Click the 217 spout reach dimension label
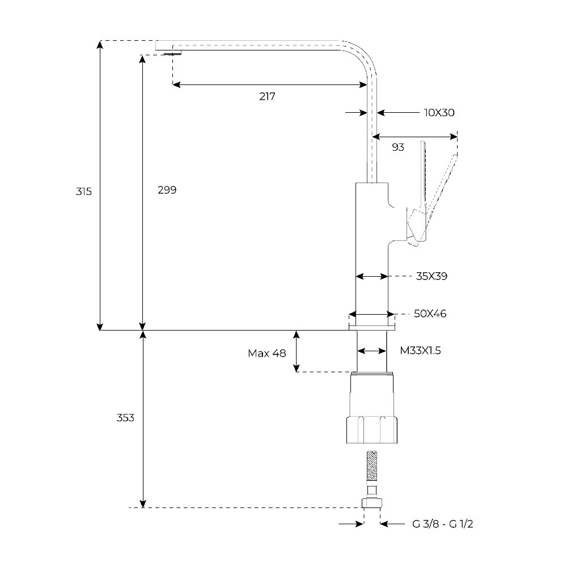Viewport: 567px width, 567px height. tap(267, 96)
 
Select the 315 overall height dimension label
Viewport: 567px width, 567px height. tap(84, 192)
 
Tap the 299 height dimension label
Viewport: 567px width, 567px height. tap(167, 190)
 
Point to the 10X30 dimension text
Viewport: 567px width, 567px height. tap(439, 113)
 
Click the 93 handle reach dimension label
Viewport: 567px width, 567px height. tap(398, 147)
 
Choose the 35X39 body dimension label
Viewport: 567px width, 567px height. tap(432, 277)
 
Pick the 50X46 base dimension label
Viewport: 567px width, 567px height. tap(430, 314)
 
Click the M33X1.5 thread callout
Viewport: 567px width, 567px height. tap(420, 351)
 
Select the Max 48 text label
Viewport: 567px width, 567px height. tap(266, 353)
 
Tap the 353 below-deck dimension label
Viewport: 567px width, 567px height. tap(125, 418)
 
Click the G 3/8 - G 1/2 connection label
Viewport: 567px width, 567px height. tap(442, 524)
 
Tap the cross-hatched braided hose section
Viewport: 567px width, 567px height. tap(373, 466)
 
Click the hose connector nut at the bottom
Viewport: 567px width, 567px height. tap(373, 503)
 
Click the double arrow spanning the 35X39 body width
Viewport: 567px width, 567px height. tap(372, 277)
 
